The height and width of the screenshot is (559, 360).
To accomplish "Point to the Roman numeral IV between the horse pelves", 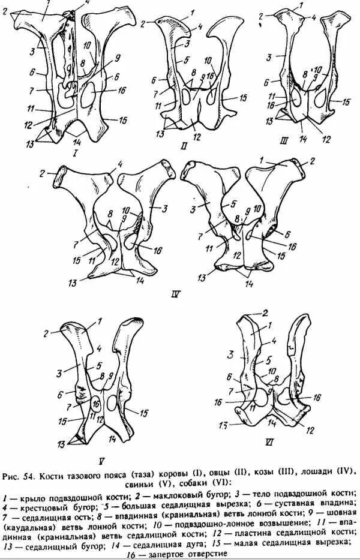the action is point(176,293).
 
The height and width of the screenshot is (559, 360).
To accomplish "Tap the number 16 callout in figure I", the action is point(122,91).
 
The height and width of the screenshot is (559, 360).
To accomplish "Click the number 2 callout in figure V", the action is point(44,333).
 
